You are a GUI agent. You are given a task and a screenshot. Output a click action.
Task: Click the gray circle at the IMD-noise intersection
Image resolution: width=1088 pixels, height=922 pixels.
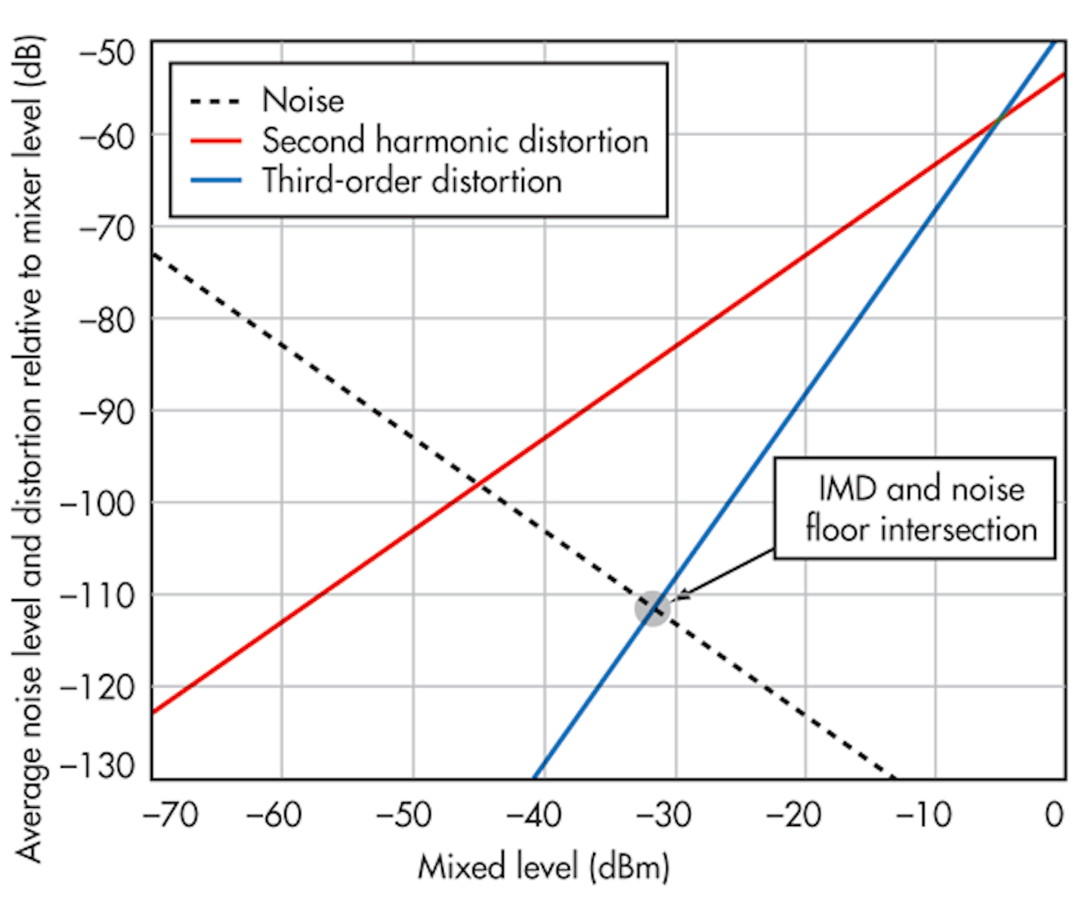[x=652, y=608]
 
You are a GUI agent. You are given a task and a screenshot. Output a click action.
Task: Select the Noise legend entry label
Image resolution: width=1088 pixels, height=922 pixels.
[x=303, y=100]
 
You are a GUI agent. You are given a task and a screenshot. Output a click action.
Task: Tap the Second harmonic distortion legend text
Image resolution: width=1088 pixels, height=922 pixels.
[x=455, y=141]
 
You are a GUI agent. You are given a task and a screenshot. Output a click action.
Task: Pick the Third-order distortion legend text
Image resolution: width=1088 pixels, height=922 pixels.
[x=412, y=181]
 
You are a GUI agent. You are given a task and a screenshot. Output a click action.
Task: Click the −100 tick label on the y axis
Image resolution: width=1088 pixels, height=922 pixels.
[x=97, y=503]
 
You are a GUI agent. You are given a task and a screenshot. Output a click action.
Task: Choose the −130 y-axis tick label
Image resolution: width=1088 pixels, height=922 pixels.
[x=97, y=766]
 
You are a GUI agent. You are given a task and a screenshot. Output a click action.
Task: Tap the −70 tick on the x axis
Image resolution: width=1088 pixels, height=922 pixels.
[x=171, y=815]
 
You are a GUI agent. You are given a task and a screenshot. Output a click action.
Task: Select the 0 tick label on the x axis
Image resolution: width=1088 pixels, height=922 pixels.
[x=1054, y=815]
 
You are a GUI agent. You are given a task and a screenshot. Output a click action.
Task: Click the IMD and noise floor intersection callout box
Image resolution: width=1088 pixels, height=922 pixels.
[x=915, y=508]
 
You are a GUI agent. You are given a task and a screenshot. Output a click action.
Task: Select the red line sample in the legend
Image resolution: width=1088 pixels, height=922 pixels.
[x=215, y=141]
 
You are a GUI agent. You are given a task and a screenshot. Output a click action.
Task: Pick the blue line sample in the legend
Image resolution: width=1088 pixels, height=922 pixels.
[x=215, y=181]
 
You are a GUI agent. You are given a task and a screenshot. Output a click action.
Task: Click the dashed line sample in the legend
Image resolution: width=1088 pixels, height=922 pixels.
[x=215, y=101]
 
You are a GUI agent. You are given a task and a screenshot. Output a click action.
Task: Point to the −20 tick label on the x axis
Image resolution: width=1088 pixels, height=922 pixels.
[x=793, y=815]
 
